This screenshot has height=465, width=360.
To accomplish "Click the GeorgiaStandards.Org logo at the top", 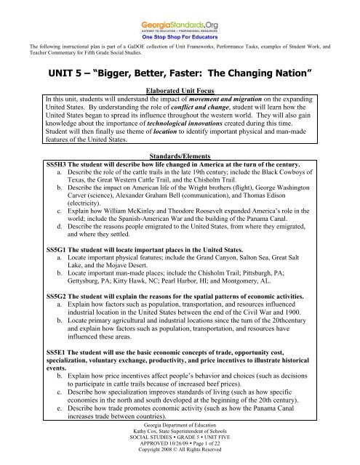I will (x=180, y=12).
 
